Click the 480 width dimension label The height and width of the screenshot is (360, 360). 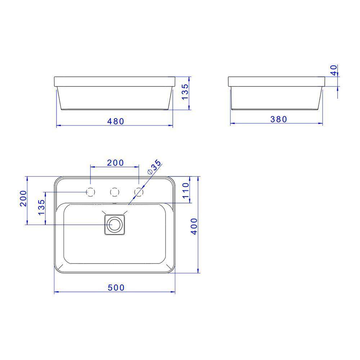[x=115, y=121]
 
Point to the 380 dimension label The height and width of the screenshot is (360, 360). [x=278, y=119]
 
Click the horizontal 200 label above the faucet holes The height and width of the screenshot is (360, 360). [x=115, y=163]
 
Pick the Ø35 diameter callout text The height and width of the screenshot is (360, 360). [x=154, y=167]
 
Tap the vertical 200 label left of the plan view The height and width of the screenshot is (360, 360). [x=23, y=198]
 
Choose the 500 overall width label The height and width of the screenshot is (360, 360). [x=116, y=288]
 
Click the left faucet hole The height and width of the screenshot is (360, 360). [x=91, y=193]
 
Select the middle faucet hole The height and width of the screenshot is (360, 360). [x=114, y=193]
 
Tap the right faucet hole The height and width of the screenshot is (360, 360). [x=139, y=193]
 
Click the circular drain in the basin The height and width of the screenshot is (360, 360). [x=115, y=225]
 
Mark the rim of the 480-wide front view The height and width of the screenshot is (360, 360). [x=114, y=81]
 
